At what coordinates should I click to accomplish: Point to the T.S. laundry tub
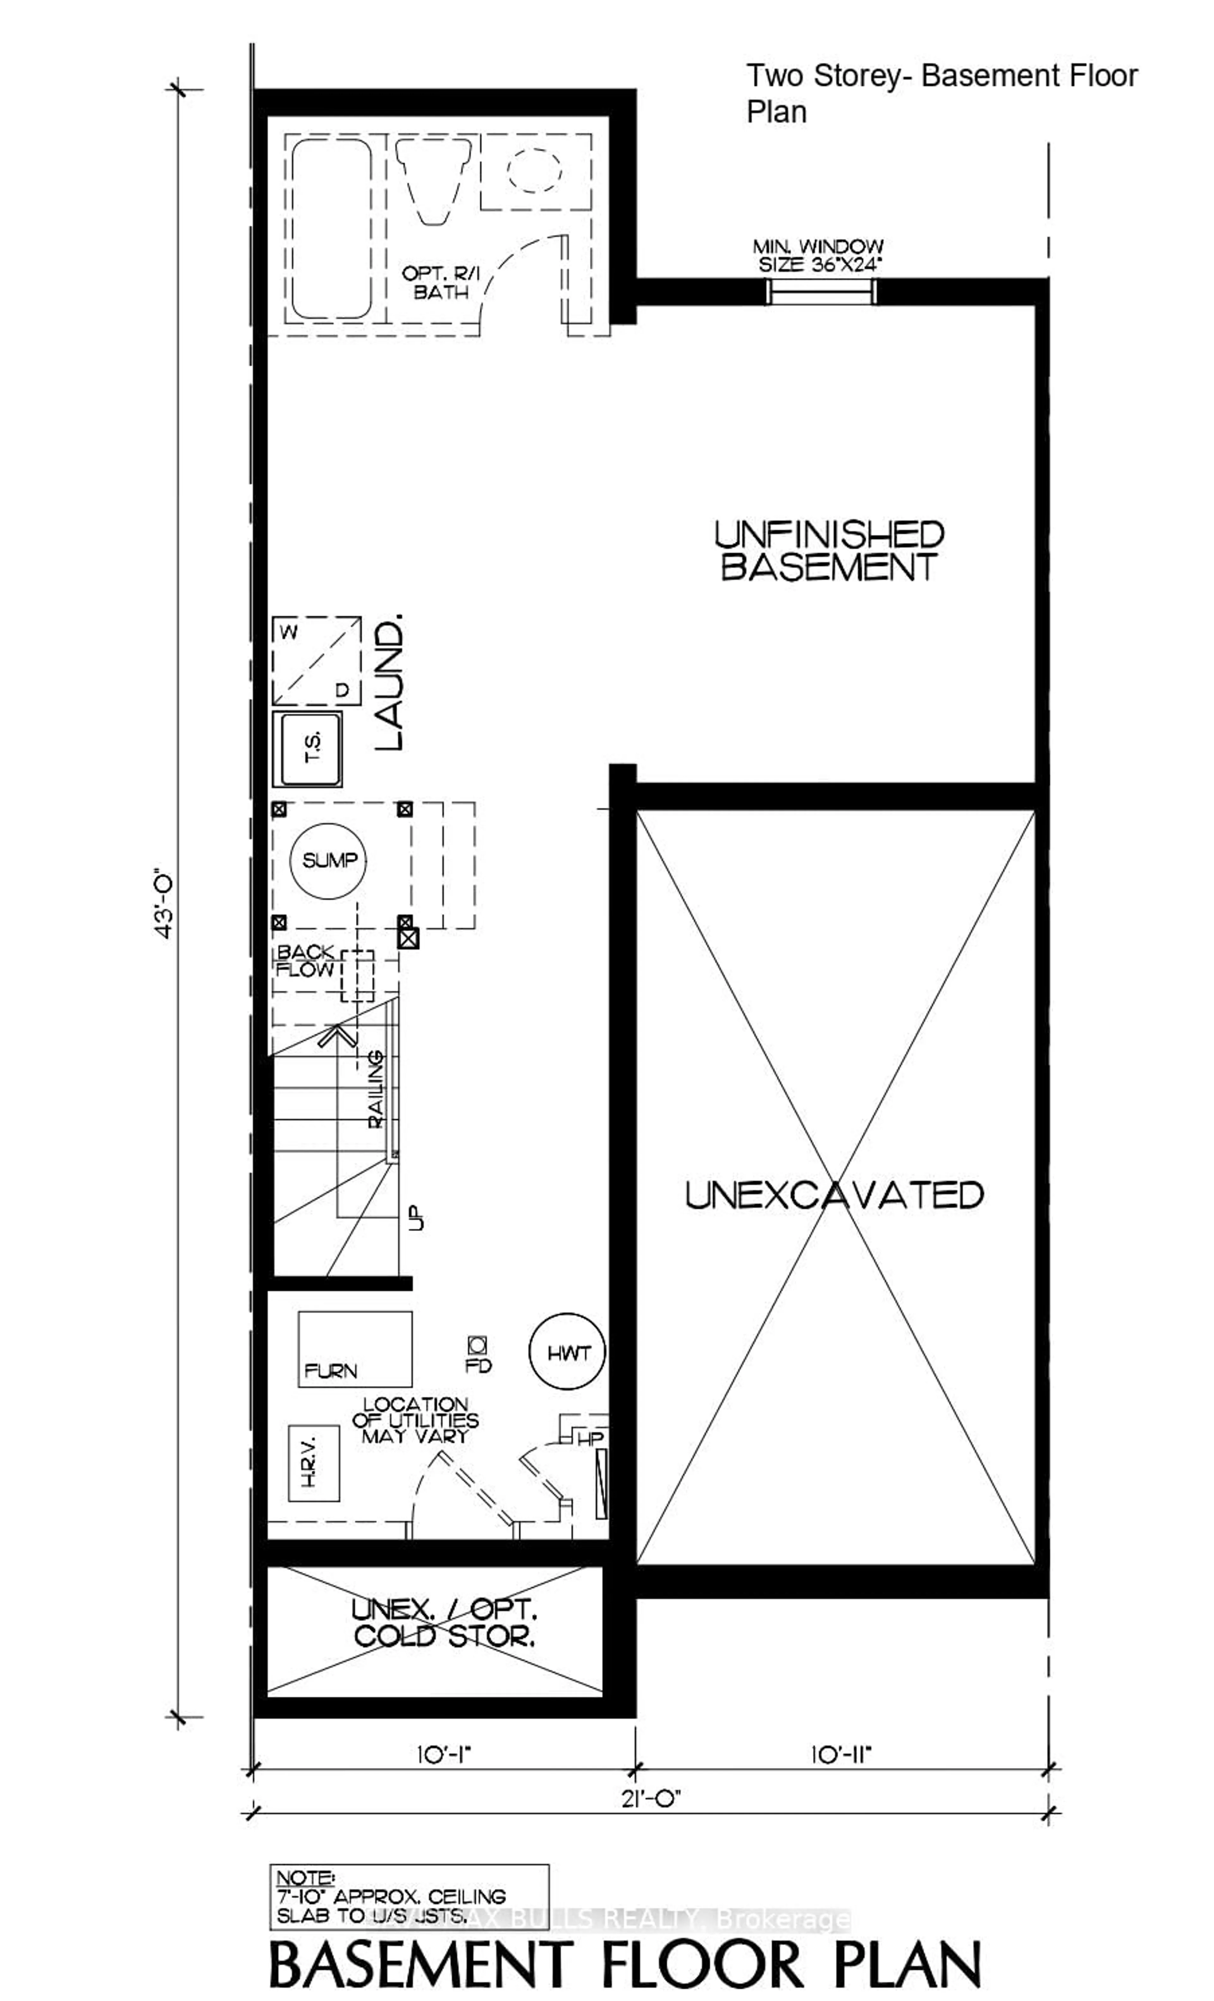pyautogui.click(x=307, y=749)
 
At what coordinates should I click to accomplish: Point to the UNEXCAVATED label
pyautogui.click(x=834, y=1195)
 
